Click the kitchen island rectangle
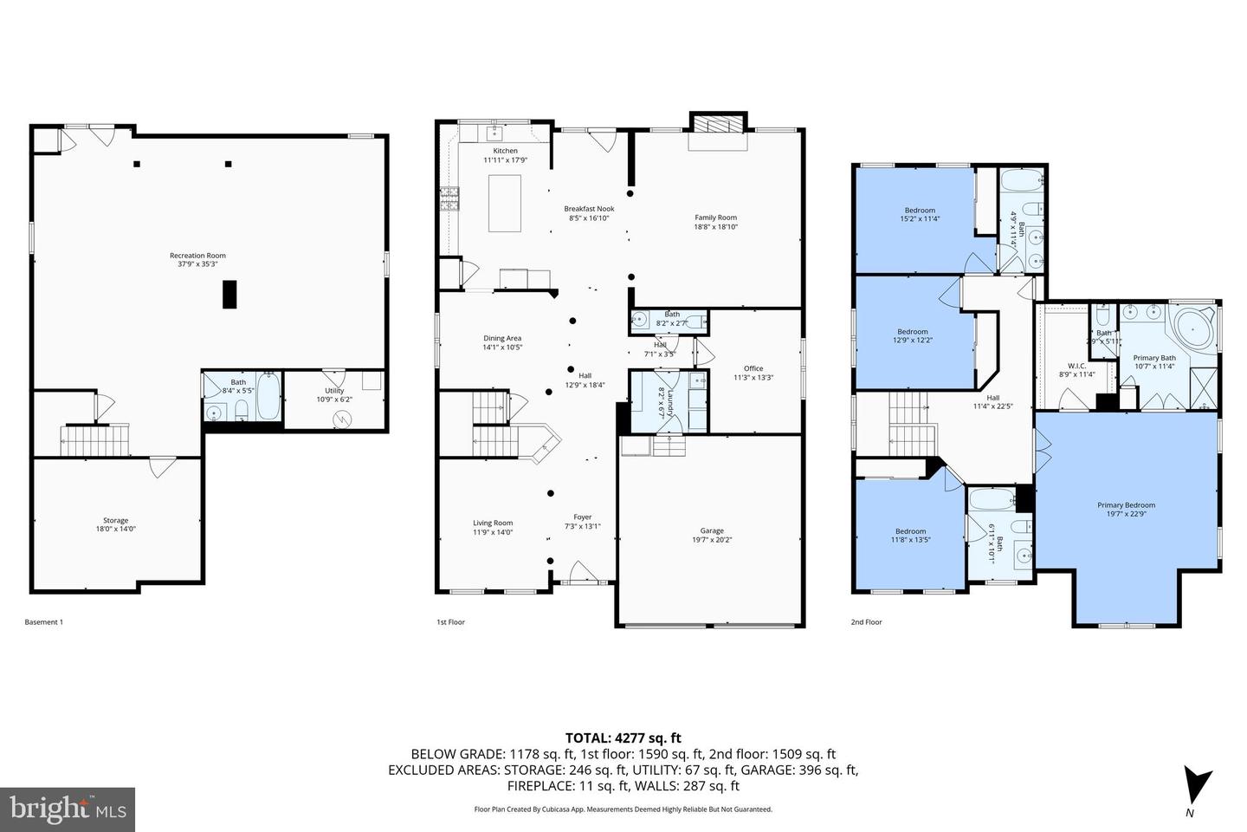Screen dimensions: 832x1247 click(504, 203)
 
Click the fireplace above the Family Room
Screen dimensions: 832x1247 click(717, 124)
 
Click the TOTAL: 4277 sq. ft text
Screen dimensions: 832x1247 click(623, 738)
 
